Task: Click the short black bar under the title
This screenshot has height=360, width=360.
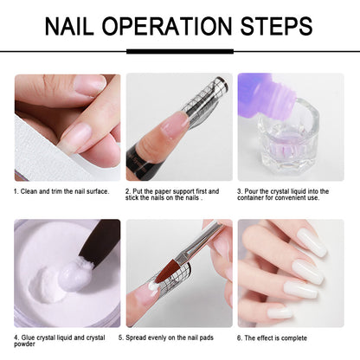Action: (x=180, y=51)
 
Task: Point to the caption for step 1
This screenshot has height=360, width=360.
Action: (x=61, y=191)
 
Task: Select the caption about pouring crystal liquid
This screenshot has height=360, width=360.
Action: (x=290, y=195)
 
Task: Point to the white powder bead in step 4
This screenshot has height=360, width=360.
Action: (x=74, y=277)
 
